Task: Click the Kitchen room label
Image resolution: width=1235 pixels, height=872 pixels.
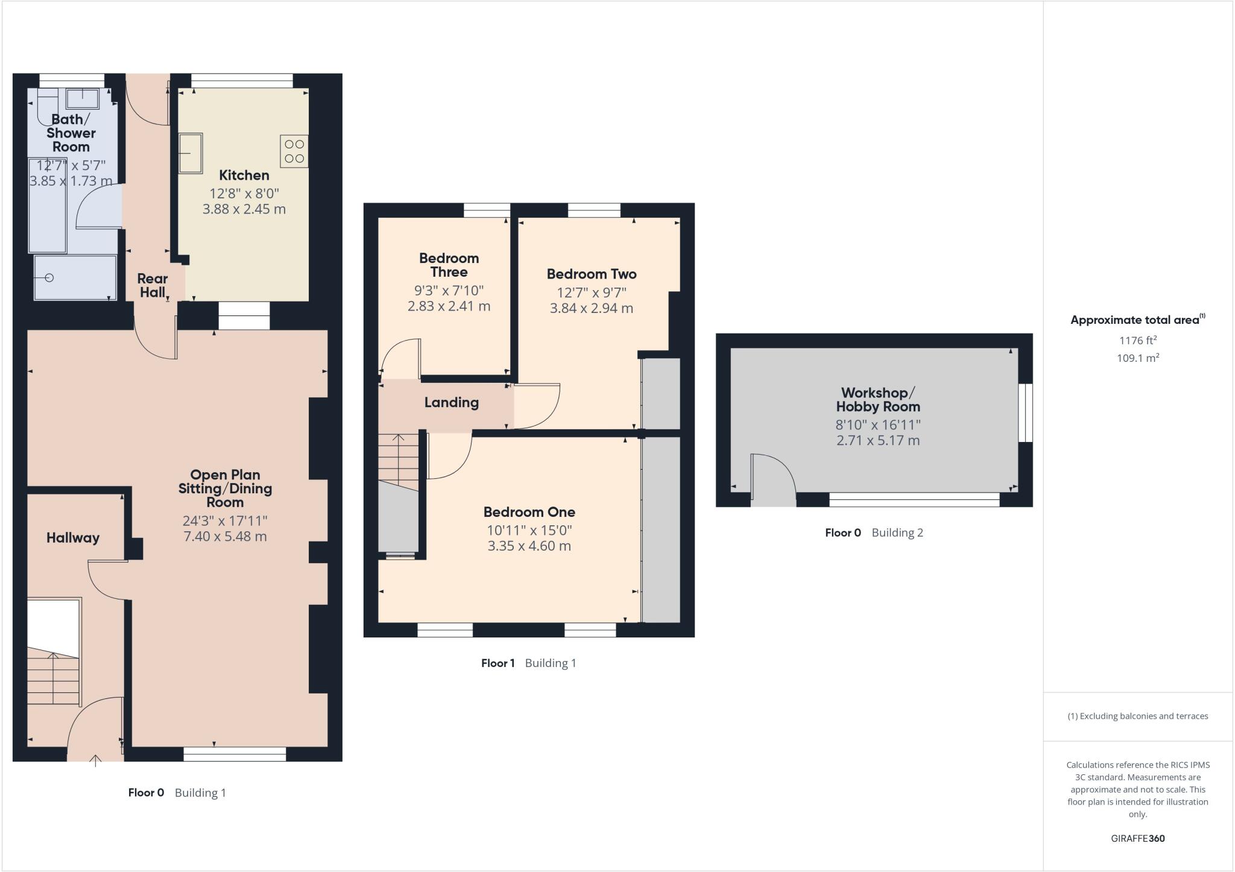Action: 244,175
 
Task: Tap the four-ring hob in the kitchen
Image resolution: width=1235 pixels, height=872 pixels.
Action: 294,151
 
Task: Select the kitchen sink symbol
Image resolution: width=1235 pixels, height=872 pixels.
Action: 191,153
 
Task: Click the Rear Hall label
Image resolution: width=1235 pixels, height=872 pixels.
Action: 152,285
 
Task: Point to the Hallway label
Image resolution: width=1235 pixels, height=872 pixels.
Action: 73,538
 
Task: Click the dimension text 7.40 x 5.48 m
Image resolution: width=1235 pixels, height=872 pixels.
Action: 225,536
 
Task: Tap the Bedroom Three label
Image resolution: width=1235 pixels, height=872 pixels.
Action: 449,265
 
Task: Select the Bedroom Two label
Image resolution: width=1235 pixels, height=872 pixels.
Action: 591,274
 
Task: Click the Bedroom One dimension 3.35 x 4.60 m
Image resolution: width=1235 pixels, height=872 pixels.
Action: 529,546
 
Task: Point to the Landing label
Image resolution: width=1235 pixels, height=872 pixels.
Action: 451,402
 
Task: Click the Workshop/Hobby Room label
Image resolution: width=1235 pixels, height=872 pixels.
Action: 877,399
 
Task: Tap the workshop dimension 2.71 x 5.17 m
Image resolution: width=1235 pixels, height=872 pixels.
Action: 877,440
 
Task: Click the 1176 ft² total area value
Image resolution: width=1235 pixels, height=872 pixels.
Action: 1137,340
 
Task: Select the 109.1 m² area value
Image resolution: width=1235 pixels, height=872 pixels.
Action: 1137,358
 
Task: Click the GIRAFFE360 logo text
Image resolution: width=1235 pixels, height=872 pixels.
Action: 1137,838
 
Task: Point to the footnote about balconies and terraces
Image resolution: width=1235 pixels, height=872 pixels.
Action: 1137,716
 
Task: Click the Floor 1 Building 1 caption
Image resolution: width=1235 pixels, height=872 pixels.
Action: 528,663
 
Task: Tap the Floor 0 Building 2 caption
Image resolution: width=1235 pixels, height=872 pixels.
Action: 874,532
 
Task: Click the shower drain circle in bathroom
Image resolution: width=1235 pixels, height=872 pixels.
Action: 49,277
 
